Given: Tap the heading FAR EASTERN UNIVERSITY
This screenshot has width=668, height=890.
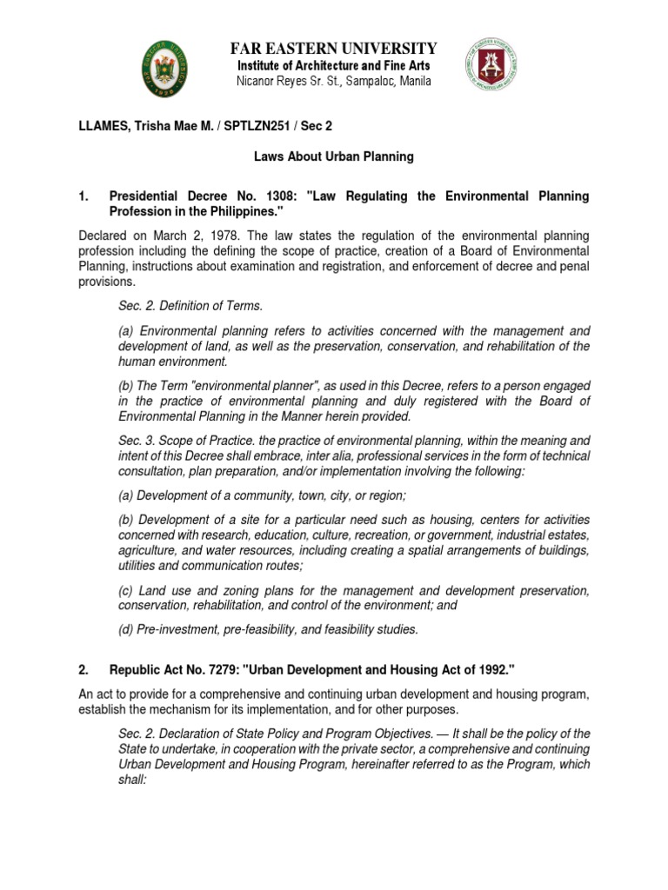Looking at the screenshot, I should click(333, 48).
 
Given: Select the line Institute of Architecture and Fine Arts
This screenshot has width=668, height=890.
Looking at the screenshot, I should click(333, 66).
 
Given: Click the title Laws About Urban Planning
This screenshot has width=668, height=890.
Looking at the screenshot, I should click(334, 156).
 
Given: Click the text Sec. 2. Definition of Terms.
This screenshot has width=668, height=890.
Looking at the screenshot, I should click(190, 306).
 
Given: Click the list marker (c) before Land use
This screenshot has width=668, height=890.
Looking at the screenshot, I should click(125, 591).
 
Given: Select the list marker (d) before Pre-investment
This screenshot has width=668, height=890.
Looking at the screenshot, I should click(126, 630).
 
